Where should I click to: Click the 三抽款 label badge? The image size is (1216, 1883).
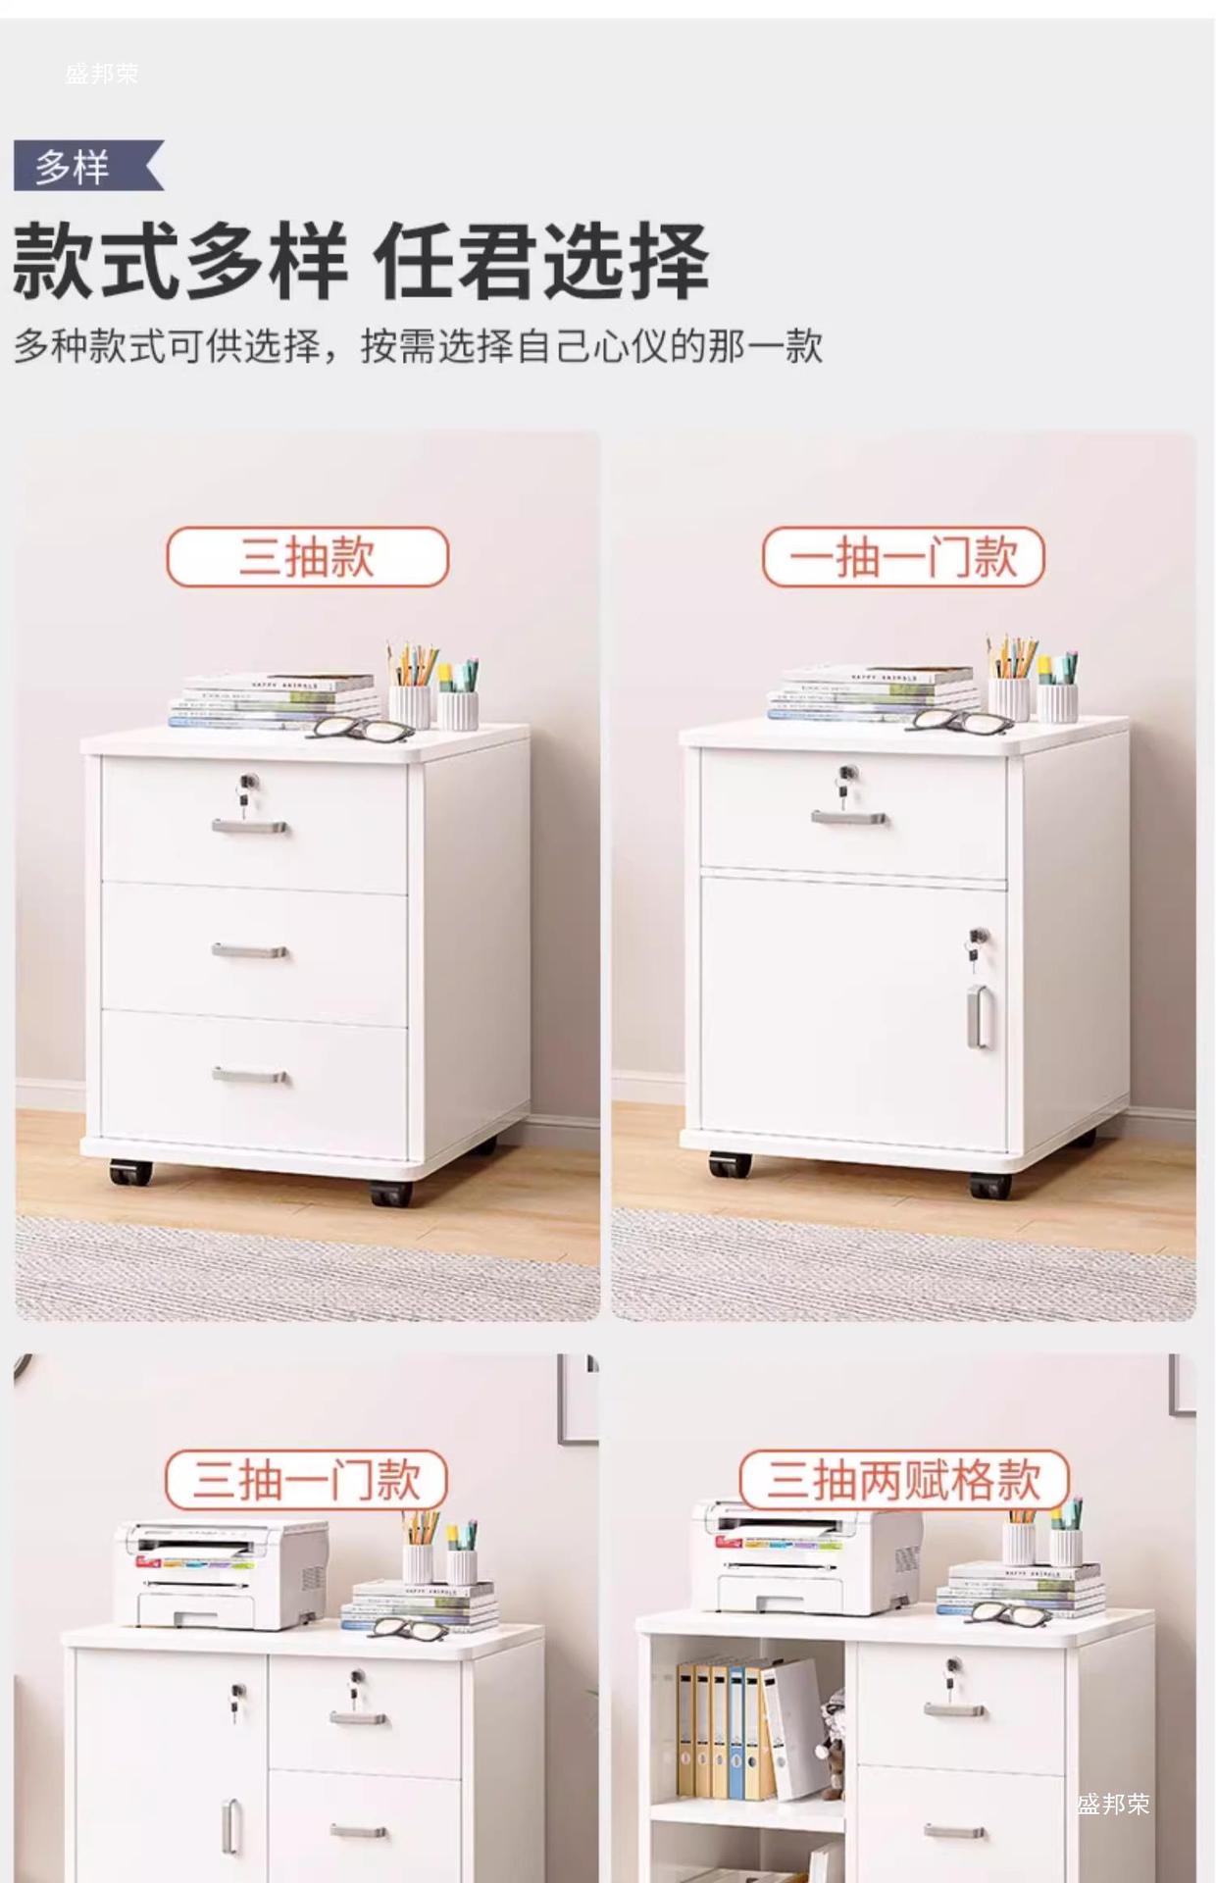(307, 557)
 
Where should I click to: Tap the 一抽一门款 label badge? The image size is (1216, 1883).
(903, 557)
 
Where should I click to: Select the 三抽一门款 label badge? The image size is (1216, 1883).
(306, 1480)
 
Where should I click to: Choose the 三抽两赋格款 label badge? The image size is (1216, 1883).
(903, 1480)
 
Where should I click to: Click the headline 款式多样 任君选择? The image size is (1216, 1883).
(361, 261)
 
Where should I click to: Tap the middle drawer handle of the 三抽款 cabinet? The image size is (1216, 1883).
(250, 950)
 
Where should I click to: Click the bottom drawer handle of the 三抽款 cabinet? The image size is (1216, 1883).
(250, 1076)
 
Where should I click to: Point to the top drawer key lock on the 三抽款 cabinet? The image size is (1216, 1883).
(246, 791)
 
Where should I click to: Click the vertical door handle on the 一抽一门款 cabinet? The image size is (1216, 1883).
(979, 1017)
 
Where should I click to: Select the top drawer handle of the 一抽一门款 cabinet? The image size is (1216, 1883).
(849, 817)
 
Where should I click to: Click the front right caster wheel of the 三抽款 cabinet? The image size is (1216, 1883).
(390, 1193)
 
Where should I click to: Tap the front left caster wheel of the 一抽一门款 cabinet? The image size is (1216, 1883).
(730, 1164)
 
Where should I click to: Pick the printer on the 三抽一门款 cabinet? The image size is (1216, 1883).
(221, 1575)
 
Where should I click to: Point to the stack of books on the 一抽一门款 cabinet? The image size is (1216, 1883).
(873, 692)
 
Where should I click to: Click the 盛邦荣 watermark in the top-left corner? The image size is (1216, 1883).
(102, 74)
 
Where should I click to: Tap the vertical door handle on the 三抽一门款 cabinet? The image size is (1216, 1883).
(230, 1826)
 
